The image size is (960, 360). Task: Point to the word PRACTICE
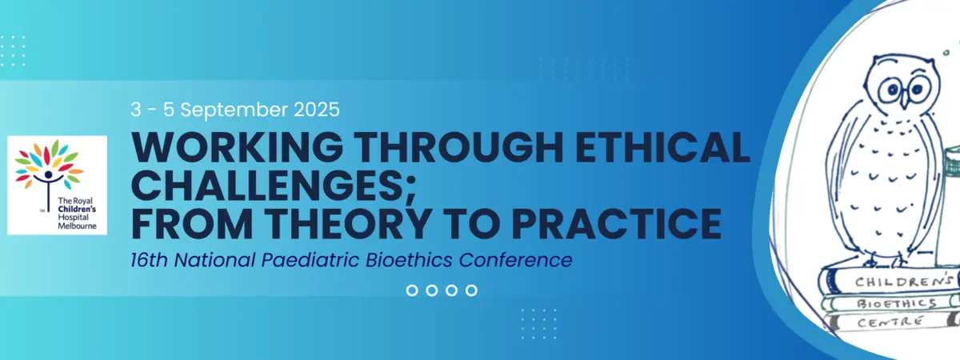click(617, 224)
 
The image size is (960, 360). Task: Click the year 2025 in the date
click(317, 110)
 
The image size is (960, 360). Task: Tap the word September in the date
click(234, 110)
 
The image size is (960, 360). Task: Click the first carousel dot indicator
click(412, 290)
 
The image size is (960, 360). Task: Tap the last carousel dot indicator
click(471, 290)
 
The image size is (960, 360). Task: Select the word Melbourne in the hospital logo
click(77, 226)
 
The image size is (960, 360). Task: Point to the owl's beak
click(904, 102)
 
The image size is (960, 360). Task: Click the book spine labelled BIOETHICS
click(890, 304)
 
